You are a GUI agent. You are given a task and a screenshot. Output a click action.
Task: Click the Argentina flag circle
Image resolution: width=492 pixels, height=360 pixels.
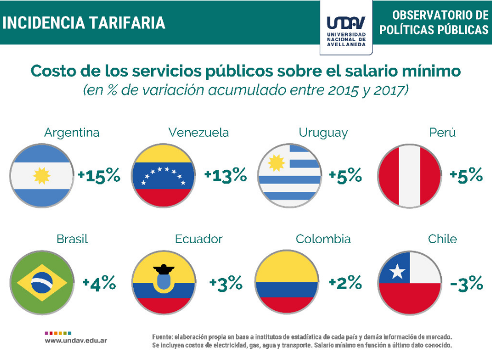[x=41, y=176]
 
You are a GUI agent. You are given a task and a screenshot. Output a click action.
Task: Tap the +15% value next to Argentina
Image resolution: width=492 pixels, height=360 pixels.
[x=99, y=176]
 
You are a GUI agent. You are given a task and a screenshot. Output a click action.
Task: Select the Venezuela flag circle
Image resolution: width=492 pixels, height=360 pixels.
[x=163, y=176]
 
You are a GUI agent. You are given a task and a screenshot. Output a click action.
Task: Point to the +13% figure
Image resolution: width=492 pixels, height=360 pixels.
[x=226, y=176]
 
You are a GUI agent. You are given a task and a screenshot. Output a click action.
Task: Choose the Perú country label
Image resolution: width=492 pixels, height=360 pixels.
[x=442, y=133]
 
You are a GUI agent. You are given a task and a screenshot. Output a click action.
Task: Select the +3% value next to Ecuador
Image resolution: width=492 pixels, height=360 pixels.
[x=226, y=284]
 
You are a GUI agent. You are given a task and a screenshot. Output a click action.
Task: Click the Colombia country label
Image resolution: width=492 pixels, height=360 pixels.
[x=323, y=239]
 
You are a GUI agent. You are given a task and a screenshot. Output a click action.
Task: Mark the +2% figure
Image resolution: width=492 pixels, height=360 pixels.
[x=345, y=283]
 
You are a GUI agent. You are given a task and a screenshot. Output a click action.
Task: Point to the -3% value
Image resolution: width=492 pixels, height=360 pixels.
[x=467, y=283]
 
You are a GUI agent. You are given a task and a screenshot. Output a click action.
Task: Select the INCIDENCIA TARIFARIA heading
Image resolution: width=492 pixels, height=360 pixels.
[x=84, y=23]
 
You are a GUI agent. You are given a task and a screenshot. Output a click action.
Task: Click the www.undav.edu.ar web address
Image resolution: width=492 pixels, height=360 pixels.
[x=76, y=340]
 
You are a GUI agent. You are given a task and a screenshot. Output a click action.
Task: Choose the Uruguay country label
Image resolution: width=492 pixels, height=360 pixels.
[x=323, y=133]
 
